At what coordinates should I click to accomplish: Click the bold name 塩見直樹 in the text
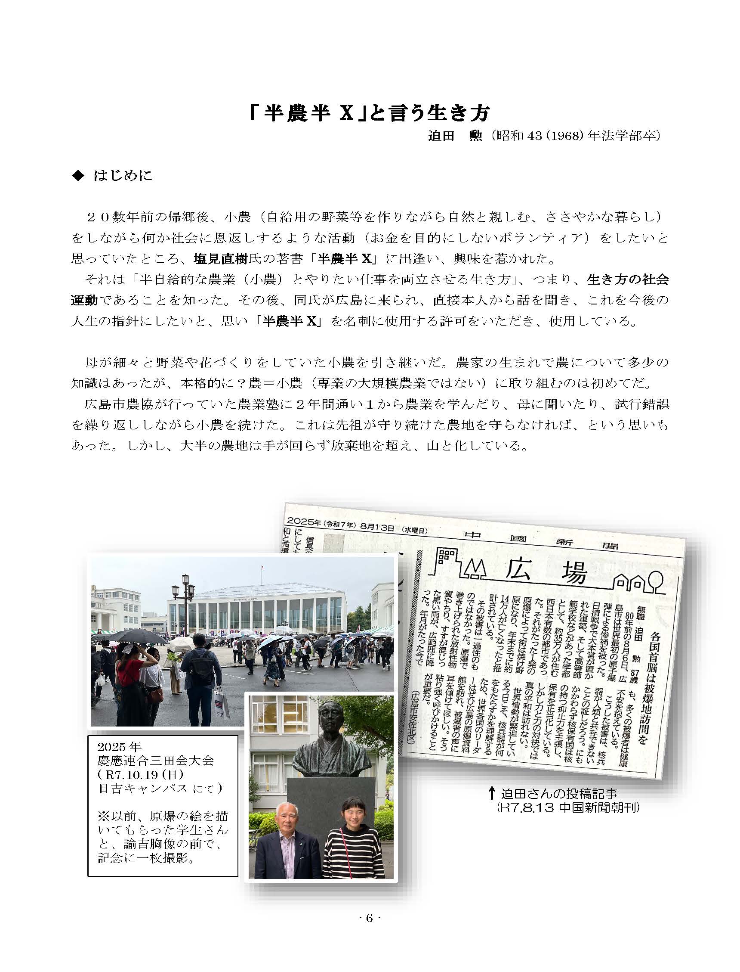(x=221, y=259)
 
